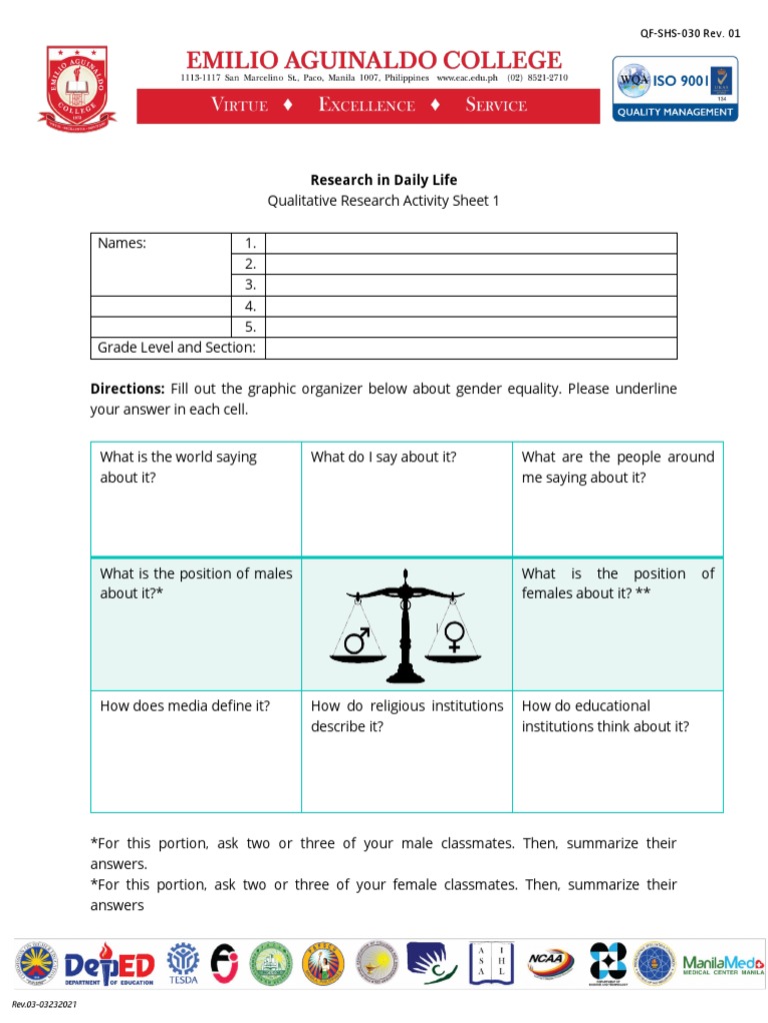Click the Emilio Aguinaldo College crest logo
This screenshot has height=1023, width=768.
tap(76, 87)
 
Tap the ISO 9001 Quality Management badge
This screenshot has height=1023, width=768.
tap(675, 88)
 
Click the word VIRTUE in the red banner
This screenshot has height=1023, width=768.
tap(240, 105)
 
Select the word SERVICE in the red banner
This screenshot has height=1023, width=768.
tap(495, 105)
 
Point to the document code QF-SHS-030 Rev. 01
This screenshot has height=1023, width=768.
tap(690, 33)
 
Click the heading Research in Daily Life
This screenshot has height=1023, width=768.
tap(383, 180)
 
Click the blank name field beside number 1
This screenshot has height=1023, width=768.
tap(470, 244)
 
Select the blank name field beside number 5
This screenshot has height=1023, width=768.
tap(470, 327)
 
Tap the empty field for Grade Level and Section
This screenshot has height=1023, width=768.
tap(470, 348)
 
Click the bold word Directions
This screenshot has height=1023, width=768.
tap(127, 388)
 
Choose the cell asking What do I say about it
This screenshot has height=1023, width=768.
tap(406, 499)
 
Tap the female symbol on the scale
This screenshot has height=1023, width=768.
tap(454, 636)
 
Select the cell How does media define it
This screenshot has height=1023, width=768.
tap(195, 750)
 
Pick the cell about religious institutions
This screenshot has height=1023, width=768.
tap(406, 750)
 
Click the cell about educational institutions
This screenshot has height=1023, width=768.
tap(617, 750)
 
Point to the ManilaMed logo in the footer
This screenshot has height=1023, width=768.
tap(722, 964)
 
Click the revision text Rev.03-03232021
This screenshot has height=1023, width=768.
tap(45, 1003)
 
